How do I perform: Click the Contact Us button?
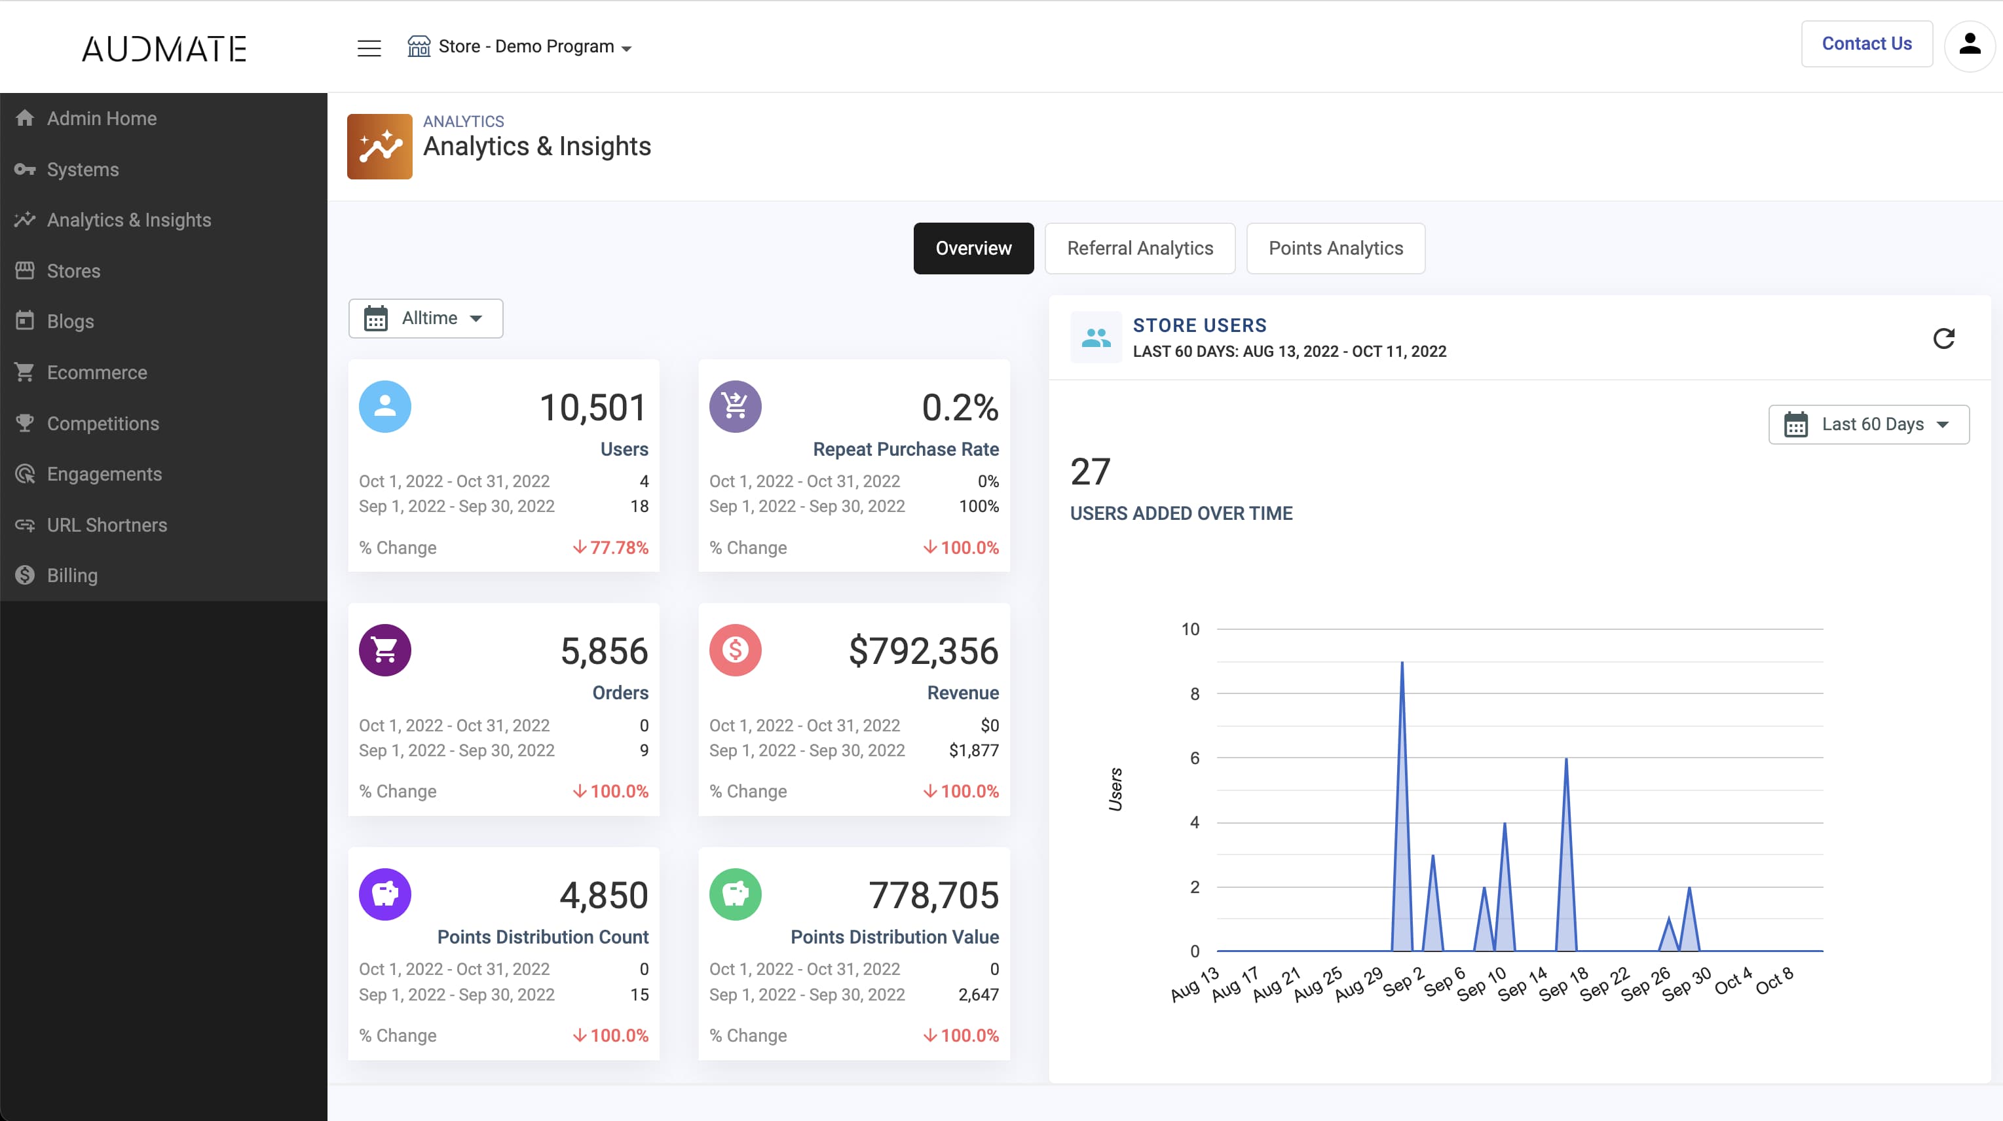[1866, 43]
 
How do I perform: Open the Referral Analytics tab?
[1140, 248]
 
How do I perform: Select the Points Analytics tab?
[1336, 248]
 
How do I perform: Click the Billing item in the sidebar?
[72, 576]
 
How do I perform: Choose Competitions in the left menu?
[103, 424]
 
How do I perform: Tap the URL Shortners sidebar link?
[107, 524]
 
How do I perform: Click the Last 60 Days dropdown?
[1869, 424]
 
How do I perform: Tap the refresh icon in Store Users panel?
[1943, 338]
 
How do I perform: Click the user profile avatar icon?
[1970, 45]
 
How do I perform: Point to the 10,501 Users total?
[593, 407]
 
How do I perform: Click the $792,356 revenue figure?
[923, 651]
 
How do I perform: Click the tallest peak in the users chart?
[1402, 663]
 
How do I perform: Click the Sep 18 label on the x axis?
[1563, 983]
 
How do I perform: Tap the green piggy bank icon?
[735, 894]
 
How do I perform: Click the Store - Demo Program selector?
[520, 46]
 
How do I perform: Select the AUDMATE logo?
[164, 48]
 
